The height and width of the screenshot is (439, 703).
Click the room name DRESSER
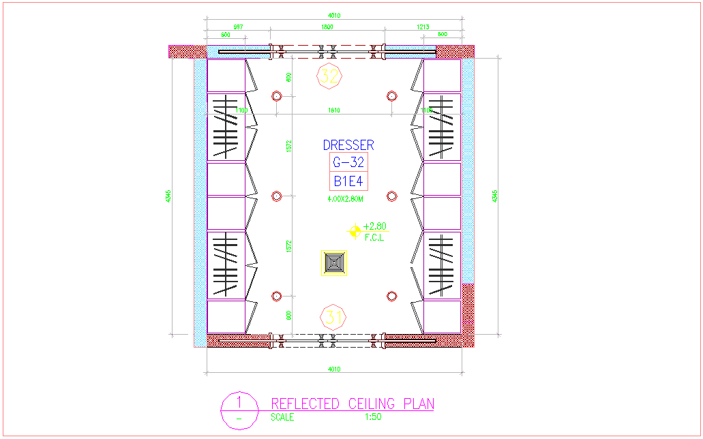(348, 145)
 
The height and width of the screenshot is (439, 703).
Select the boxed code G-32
(348, 162)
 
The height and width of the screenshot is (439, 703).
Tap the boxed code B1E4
(348, 181)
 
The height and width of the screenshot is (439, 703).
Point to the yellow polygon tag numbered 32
(329, 76)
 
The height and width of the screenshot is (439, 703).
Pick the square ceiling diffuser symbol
(335, 263)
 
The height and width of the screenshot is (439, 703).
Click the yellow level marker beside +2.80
(355, 231)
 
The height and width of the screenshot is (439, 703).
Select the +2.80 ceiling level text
(375, 226)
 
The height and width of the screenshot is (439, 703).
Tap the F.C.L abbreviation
(374, 237)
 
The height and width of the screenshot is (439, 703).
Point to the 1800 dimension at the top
(327, 27)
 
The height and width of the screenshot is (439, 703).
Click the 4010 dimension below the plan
(334, 369)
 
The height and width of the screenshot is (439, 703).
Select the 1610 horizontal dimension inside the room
(334, 110)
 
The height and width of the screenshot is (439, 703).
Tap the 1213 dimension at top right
(423, 27)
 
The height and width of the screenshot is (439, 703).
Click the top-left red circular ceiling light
(277, 95)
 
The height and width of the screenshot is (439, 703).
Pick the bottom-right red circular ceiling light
(391, 296)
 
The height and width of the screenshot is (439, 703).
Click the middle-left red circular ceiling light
(277, 196)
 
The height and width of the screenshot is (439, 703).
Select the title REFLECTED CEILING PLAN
(353, 404)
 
